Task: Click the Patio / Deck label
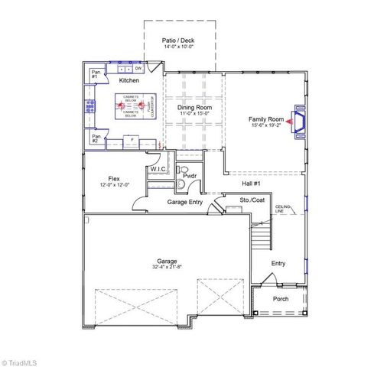[181, 39]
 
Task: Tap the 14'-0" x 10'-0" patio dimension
[181, 47]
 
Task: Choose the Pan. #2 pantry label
[95, 139]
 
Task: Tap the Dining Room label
[195, 108]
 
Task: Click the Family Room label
[265, 119]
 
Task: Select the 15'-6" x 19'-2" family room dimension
[265, 126]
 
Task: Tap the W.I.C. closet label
[158, 169]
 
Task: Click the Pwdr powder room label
[190, 176]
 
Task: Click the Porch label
[281, 298]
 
